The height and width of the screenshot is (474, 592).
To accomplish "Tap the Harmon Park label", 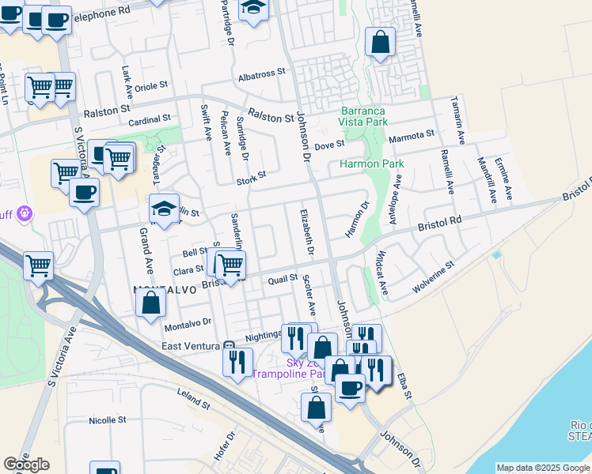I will (x=371, y=164).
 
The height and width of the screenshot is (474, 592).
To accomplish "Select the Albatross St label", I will (x=261, y=73).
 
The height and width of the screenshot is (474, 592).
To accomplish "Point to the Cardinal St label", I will (x=150, y=119).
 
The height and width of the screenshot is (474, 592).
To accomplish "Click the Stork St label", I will (x=251, y=182).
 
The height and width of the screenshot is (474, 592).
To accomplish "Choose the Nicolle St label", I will (x=108, y=420).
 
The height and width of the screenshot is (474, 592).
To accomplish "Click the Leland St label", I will (x=194, y=404).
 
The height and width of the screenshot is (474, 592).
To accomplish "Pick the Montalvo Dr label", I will (x=188, y=323).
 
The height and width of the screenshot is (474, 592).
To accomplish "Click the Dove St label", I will (x=329, y=145).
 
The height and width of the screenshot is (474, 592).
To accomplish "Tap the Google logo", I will (x=26, y=464).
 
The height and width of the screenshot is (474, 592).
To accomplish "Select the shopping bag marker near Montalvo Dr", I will (x=150, y=303).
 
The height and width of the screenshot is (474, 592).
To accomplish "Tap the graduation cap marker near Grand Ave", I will (x=164, y=209).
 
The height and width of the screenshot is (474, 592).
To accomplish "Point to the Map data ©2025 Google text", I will (x=541, y=468).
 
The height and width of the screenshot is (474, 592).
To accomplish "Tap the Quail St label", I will (x=283, y=278).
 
